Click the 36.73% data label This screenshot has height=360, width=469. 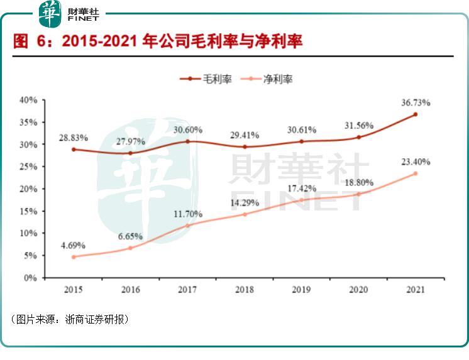click(415, 103)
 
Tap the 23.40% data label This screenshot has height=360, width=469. click(415, 162)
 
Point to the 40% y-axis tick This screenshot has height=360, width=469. click(29, 100)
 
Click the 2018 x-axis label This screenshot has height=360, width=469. click(245, 290)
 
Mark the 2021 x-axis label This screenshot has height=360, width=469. click(415, 290)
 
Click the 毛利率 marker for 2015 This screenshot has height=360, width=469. click(74, 150)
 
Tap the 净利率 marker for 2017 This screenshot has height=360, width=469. click(187, 226)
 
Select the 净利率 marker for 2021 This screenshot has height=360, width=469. click(415, 173)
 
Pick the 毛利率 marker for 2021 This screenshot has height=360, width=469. click(415, 114)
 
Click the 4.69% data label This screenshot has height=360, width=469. click(73, 245)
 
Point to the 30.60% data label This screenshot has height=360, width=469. click(187, 130)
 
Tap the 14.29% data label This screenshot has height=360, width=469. click(245, 203)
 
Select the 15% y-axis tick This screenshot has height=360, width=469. click(29, 211)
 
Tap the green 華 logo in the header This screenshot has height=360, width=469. click(50, 13)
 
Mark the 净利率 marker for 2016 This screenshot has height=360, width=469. click(130, 248)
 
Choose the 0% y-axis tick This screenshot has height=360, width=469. click(31, 278)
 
